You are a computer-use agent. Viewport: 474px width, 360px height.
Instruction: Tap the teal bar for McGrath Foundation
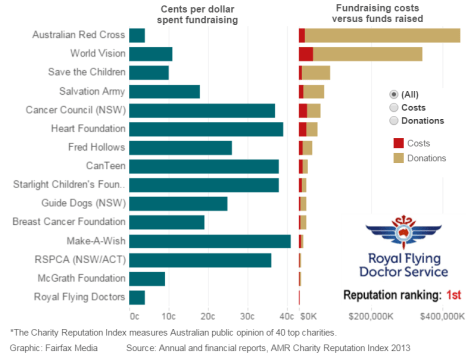(147, 278)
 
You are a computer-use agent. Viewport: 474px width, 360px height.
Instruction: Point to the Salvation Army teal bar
(165, 91)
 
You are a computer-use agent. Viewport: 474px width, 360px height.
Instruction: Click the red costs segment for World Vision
(305, 54)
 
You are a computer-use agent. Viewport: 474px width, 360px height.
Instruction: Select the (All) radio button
(394, 93)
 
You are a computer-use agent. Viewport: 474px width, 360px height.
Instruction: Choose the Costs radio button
(394, 106)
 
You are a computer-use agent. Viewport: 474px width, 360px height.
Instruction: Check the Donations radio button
(394, 120)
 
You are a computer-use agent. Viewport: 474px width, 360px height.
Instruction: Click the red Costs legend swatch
(398, 143)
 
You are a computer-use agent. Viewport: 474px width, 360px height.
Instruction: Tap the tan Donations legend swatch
(398, 158)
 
